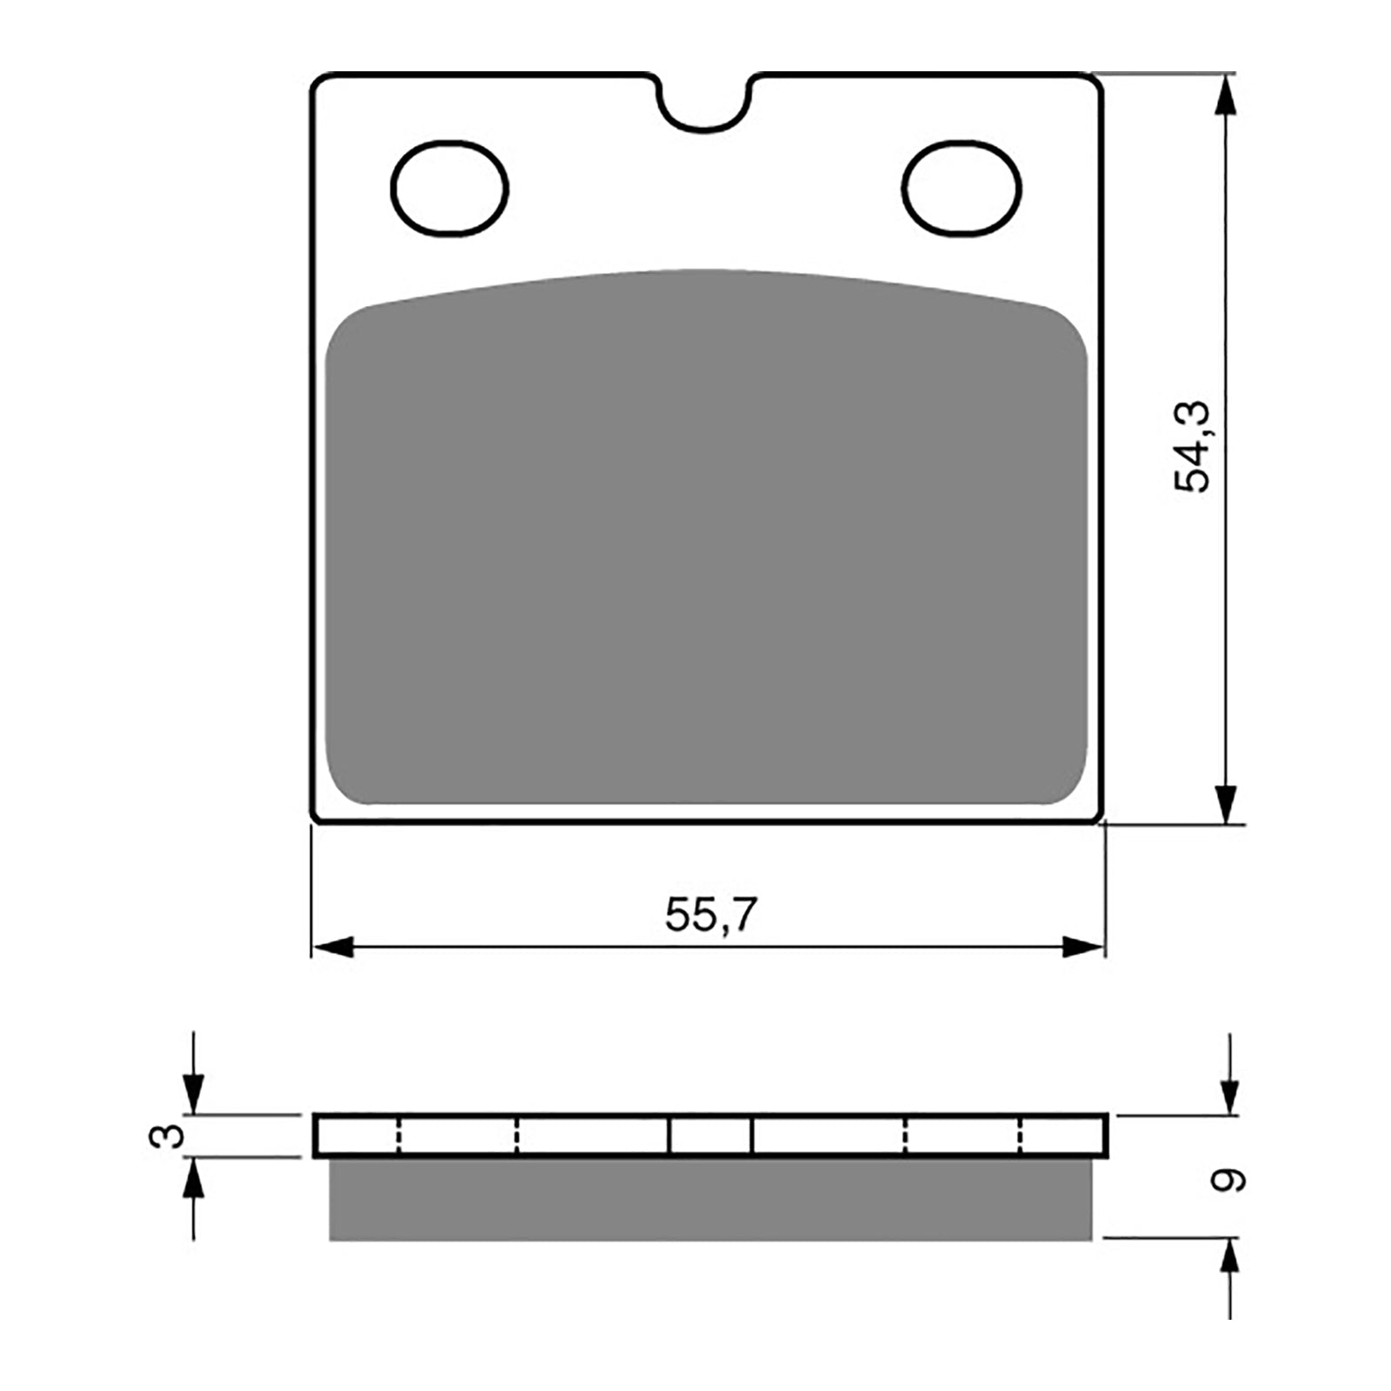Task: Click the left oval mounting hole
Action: (449, 189)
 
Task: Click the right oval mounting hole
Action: (962, 189)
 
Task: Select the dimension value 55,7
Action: (711, 915)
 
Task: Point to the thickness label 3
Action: (169, 1135)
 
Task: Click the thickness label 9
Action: (1229, 1180)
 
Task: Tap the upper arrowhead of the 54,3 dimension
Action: (1225, 96)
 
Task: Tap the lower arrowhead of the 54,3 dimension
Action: (1225, 803)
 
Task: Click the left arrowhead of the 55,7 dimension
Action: (334, 948)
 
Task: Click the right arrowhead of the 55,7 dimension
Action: (1082, 948)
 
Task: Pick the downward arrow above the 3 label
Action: (193, 1092)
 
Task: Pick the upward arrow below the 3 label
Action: (193, 1179)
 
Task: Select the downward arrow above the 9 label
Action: (1229, 1094)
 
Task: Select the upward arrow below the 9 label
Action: (1229, 1261)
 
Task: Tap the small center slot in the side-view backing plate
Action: (710, 1135)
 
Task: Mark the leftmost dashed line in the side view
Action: (398, 1135)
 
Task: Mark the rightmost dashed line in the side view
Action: (1021, 1135)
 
